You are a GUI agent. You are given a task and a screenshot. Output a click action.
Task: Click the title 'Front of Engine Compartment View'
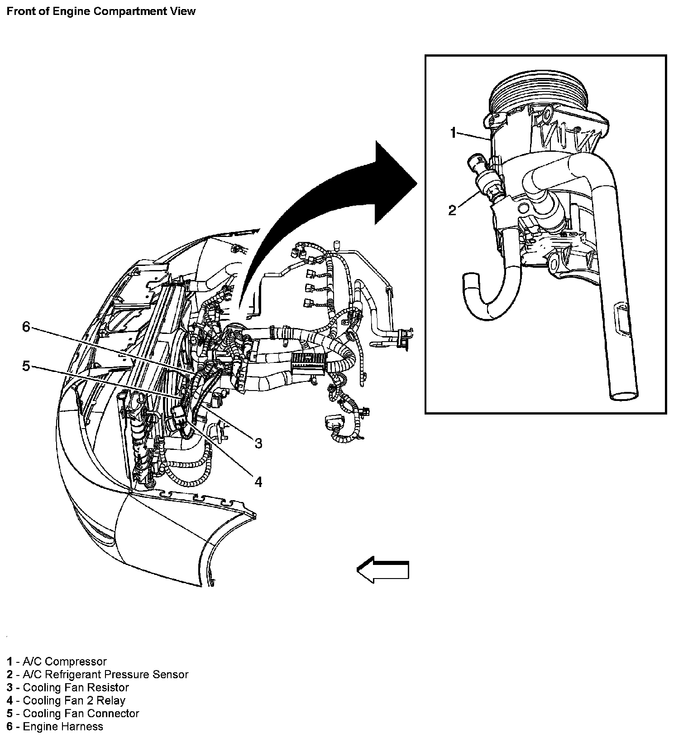click(101, 11)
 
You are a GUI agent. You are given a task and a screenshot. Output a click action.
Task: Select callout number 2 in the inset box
click(452, 210)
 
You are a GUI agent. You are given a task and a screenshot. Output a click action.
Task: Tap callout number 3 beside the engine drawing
click(258, 443)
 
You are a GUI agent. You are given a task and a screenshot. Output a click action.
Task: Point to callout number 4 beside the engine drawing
click(258, 482)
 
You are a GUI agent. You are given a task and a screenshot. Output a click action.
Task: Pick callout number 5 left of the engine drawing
click(26, 366)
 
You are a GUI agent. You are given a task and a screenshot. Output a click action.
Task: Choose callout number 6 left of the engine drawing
click(26, 326)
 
